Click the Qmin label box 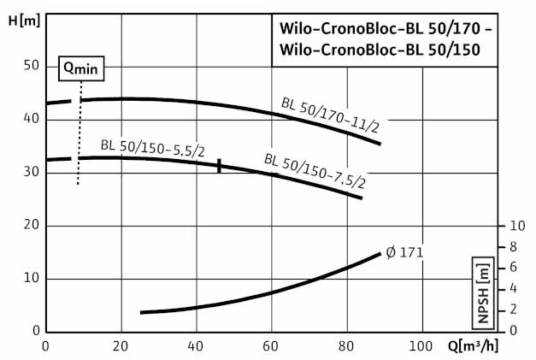[80, 66]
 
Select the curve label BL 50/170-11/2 [330, 116]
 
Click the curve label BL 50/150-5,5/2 [152, 145]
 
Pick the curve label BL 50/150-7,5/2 [315, 170]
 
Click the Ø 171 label [404, 252]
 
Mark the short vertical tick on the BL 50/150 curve [219, 166]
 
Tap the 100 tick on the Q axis [421, 345]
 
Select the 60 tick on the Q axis [272, 345]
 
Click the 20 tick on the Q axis [121, 345]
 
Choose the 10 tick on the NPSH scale [515, 226]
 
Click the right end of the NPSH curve [380, 253]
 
